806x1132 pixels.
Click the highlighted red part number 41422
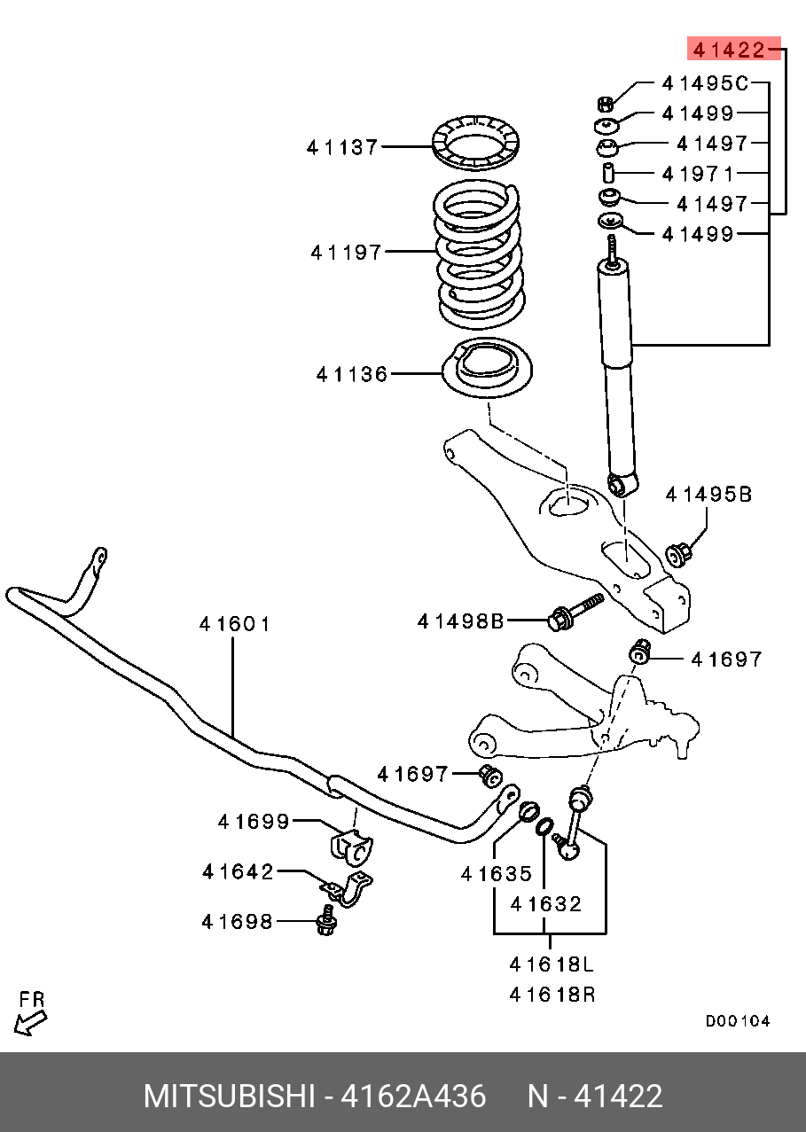pos(729,50)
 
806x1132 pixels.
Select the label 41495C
pos(705,83)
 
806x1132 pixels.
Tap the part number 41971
pos(705,173)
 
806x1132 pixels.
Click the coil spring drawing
pos(479,253)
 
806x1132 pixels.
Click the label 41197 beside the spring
pos(346,253)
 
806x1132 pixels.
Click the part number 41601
pos(235,624)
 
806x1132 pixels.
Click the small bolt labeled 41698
pos(326,922)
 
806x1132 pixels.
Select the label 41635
pos(497,874)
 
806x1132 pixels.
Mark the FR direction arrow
pos(29,1016)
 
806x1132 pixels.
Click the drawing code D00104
pos(738,1021)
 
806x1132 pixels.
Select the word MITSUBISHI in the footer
pos(229,1096)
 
